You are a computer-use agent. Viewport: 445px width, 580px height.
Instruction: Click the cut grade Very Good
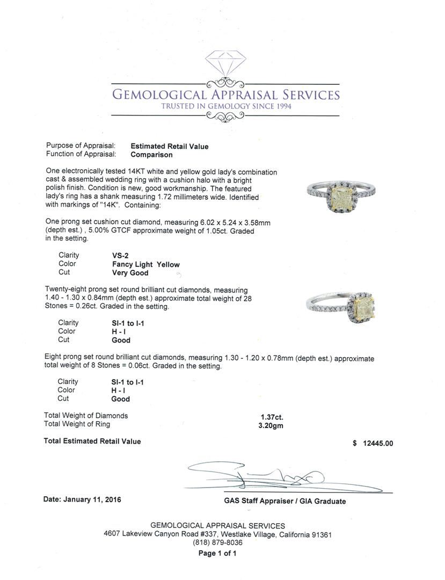(x=130, y=273)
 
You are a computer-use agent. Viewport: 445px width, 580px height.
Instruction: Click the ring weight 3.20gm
(x=271, y=425)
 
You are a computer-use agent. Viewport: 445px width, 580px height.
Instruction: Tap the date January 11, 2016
(x=82, y=499)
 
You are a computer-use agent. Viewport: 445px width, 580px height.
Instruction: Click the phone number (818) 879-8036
(x=217, y=543)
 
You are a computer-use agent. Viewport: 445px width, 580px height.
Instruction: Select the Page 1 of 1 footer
(x=217, y=553)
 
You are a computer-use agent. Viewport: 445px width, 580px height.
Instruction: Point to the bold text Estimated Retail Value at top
(x=170, y=146)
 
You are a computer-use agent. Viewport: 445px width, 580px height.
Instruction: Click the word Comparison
(x=152, y=155)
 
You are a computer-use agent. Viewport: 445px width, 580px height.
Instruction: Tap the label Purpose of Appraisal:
(x=81, y=146)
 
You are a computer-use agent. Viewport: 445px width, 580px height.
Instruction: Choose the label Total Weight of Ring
(x=77, y=424)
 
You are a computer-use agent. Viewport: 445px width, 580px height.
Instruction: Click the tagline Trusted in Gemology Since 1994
(x=225, y=106)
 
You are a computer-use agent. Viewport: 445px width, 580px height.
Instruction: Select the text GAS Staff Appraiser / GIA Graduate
(x=284, y=501)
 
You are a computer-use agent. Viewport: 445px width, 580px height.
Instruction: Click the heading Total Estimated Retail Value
(x=92, y=441)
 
